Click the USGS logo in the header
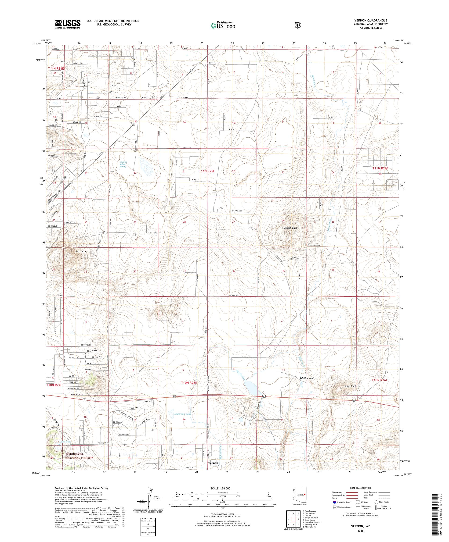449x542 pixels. click(x=68, y=24)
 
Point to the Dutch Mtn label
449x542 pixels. click(x=80, y=251)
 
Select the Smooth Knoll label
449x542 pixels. click(x=290, y=228)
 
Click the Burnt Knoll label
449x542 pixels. click(x=350, y=386)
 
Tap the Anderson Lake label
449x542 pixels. click(x=182, y=421)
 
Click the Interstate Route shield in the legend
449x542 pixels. click(x=335, y=502)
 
